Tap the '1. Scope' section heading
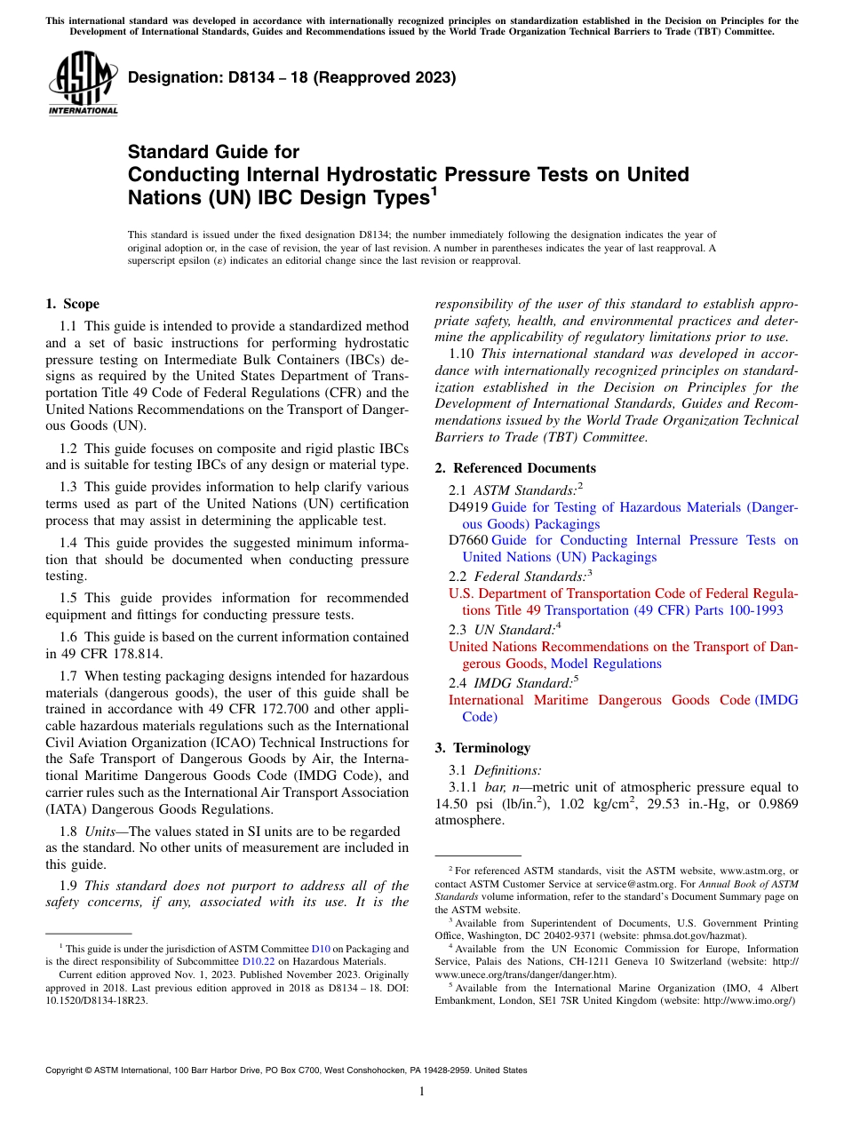[x=72, y=304]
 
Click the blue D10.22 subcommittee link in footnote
[x=259, y=961]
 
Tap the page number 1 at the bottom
[x=422, y=1092]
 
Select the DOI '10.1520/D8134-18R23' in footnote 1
[x=97, y=999]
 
